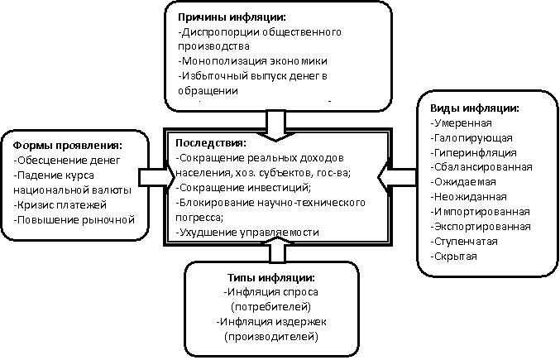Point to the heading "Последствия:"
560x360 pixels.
tap(206, 142)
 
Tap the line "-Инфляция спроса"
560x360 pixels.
tap(271, 292)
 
